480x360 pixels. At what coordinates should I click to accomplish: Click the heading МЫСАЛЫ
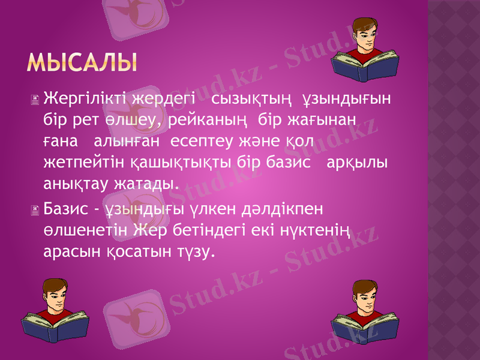coord(82,62)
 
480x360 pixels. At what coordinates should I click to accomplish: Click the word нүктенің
coord(308,231)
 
